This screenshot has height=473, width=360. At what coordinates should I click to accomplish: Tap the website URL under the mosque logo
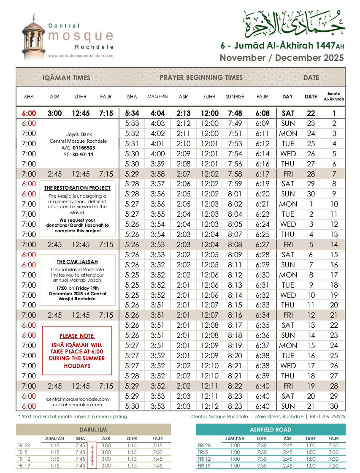click(81, 56)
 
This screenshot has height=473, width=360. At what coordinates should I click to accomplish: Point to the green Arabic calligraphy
click(294, 24)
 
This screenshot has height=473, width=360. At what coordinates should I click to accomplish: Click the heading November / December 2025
click(282, 58)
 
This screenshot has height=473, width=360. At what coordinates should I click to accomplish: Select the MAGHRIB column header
click(157, 97)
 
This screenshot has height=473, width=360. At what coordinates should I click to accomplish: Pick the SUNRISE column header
click(235, 97)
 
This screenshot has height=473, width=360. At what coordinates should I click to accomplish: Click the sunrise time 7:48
click(235, 113)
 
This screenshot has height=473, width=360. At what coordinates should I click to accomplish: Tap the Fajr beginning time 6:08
click(262, 113)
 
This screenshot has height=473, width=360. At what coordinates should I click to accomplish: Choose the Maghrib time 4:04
click(157, 113)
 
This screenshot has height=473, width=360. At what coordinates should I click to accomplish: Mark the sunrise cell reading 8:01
click(235, 194)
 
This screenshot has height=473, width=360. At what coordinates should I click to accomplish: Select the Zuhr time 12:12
click(210, 406)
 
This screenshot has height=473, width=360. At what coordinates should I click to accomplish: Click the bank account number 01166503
click(84, 148)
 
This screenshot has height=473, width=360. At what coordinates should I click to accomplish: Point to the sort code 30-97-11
click(83, 155)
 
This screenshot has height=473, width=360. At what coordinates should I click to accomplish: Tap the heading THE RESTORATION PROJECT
click(78, 188)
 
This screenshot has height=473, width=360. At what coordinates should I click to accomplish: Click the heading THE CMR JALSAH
click(78, 261)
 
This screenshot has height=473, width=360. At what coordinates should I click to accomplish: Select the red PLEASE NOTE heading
click(77, 336)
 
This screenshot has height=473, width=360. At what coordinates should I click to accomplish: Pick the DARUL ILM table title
click(93, 430)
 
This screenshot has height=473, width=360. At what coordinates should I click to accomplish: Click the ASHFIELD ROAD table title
click(270, 430)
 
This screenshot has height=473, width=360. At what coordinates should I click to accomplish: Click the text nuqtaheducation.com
click(78, 405)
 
